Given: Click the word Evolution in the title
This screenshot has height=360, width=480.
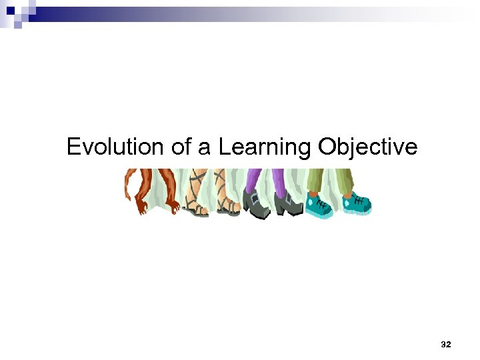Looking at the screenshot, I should [116, 147].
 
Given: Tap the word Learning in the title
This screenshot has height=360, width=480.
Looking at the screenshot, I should [266, 147].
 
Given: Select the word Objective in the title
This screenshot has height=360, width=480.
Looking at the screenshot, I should [367, 147].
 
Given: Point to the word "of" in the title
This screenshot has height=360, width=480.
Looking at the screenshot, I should [182, 147].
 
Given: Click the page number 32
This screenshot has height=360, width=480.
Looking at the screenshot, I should [446, 345].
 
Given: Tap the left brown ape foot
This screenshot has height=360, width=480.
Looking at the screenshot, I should [141, 203].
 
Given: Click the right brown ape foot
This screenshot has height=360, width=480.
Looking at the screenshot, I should [171, 203].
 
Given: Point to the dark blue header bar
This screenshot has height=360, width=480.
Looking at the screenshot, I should [100, 11].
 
